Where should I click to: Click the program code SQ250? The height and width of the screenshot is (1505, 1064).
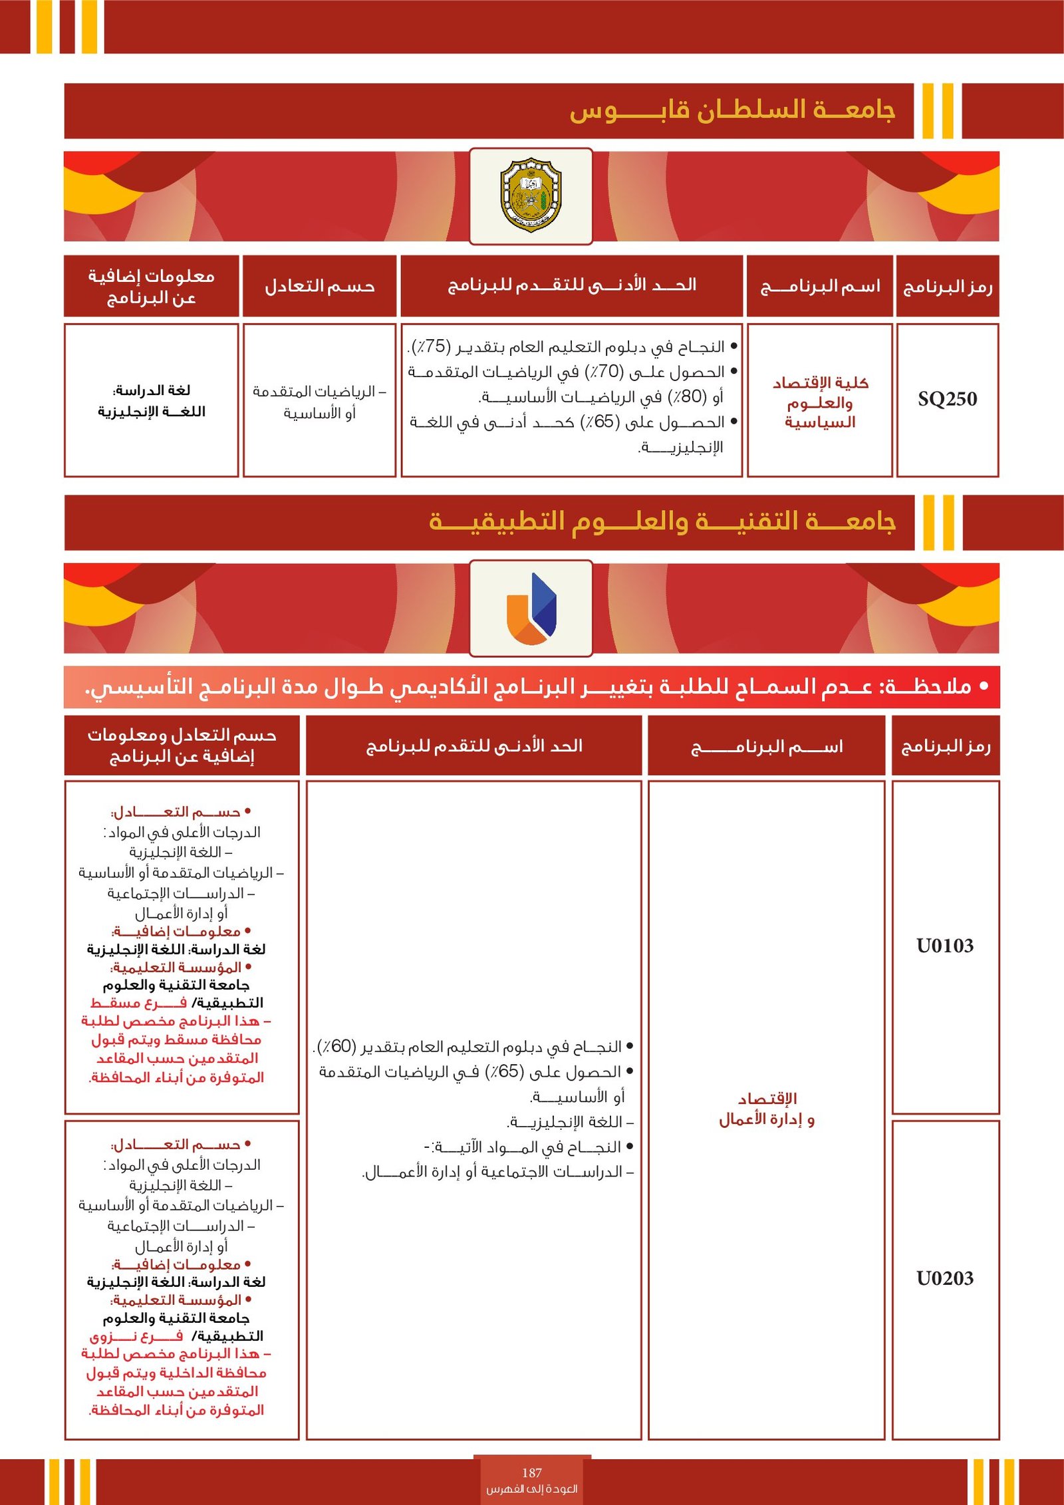(x=947, y=399)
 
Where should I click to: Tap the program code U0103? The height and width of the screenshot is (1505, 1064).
(x=944, y=946)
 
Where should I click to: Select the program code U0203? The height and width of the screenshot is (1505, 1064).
(x=944, y=1278)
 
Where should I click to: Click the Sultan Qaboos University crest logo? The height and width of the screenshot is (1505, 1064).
(x=531, y=196)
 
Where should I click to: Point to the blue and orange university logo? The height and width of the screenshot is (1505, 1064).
(x=531, y=608)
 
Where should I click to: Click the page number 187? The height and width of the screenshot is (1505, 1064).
(x=531, y=1472)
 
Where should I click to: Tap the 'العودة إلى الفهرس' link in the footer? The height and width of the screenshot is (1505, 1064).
(x=531, y=1488)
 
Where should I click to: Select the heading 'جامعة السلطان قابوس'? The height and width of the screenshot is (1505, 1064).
(x=731, y=110)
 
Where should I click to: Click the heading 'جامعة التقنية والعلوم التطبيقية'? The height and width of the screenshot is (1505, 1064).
(x=662, y=522)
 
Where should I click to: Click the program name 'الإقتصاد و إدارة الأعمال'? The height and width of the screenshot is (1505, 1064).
(x=766, y=1109)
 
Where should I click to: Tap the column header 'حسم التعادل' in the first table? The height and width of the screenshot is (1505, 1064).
(x=319, y=287)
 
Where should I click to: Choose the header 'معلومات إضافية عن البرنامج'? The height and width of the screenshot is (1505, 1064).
(x=151, y=287)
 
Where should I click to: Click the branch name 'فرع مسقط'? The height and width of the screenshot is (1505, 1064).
(x=138, y=1003)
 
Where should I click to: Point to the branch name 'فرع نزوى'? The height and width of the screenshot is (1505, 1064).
(x=136, y=1336)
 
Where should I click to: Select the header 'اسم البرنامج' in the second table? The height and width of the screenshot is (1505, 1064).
(x=766, y=747)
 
